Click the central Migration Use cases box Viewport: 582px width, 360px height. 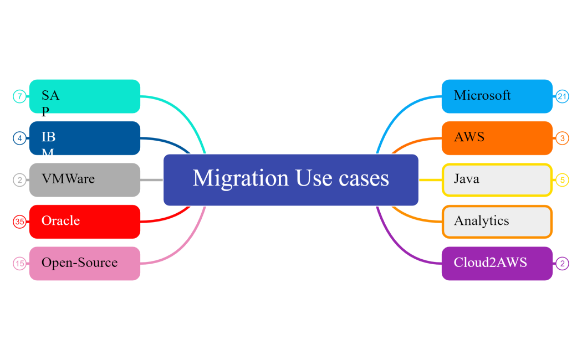coord(290,179)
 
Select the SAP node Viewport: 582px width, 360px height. coord(84,96)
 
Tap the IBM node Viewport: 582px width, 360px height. coord(84,138)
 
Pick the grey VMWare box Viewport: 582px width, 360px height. coord(84,179)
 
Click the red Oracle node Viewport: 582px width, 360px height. coord(84,221)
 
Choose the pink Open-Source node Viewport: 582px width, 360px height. coord(84,263)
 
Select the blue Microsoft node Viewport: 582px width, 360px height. coord(497,96)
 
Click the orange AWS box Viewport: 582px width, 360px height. coord(497,138)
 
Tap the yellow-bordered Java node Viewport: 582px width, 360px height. coord(497,179)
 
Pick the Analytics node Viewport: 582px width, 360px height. coord(497,221)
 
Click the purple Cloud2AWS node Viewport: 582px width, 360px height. coord(497,263)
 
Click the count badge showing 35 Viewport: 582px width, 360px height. coord(19,222)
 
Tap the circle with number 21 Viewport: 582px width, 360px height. coord(563,96)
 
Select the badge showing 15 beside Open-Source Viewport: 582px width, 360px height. coord(19,264)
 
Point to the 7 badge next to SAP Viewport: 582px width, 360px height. coord(19,96)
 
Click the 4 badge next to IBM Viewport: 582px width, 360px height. coord(19,138)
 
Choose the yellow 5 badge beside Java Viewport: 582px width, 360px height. coord(562,180)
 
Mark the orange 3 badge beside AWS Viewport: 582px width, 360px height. coord(562,138)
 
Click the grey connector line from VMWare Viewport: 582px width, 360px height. coord(151,179)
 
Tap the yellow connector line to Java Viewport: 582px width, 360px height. coord(430,179)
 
